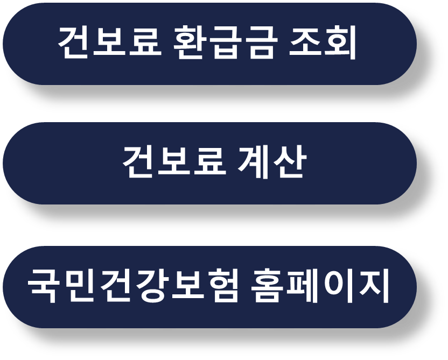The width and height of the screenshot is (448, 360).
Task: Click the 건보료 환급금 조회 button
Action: pos(209,44)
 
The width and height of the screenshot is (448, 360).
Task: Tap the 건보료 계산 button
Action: pos(209,163)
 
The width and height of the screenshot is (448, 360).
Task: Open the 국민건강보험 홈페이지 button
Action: pos(209,287)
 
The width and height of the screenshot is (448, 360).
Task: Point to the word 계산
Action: pos(271,162)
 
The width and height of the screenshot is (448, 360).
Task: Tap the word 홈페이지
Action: pos(320,286)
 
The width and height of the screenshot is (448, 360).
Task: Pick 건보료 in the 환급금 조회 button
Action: pos(109,43)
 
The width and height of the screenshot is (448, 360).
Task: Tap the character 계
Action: pos(253,162)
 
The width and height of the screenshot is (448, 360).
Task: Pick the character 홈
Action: pos(267,286)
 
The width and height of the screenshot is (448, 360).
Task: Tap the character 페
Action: pos(303,286)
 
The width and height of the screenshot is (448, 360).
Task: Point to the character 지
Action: pos(374,286)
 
